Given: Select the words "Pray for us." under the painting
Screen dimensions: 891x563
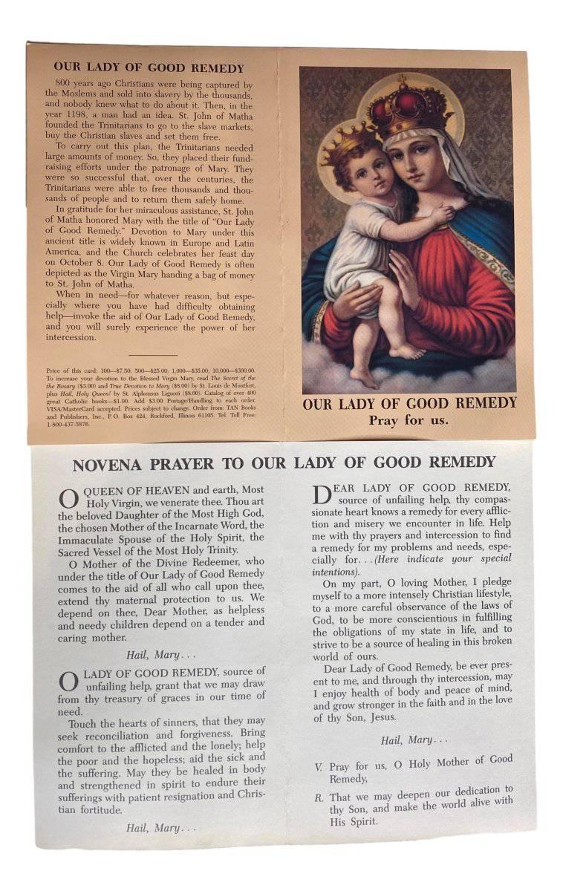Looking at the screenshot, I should click(x=409, y=420).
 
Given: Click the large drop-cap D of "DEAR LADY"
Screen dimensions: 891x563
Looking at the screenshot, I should click(x=321, y=495).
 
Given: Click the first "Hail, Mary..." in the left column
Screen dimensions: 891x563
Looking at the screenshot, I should click(x=152, y=654).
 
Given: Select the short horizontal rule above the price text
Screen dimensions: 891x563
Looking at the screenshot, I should click(x=152, y=356).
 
